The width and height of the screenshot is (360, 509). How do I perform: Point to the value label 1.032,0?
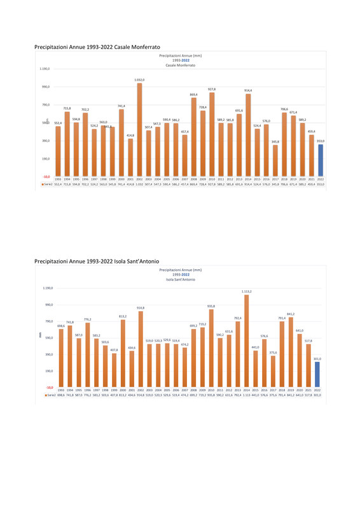[139, 80]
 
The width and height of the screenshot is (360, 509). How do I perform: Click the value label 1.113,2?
[247, 291]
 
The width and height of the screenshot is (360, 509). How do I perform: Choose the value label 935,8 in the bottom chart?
[211, 306]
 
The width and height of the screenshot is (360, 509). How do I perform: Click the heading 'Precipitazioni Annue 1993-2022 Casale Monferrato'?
[97, 47]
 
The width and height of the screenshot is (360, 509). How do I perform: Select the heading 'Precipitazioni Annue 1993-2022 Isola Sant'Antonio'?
[97, 261]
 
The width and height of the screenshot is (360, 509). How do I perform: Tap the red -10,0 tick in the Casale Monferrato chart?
[47, 176]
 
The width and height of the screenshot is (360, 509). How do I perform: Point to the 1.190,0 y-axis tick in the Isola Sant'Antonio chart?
[48, 288]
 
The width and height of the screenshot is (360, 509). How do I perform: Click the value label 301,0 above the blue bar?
[317, 359]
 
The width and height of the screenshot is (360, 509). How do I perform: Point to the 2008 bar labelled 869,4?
[193, 137]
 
